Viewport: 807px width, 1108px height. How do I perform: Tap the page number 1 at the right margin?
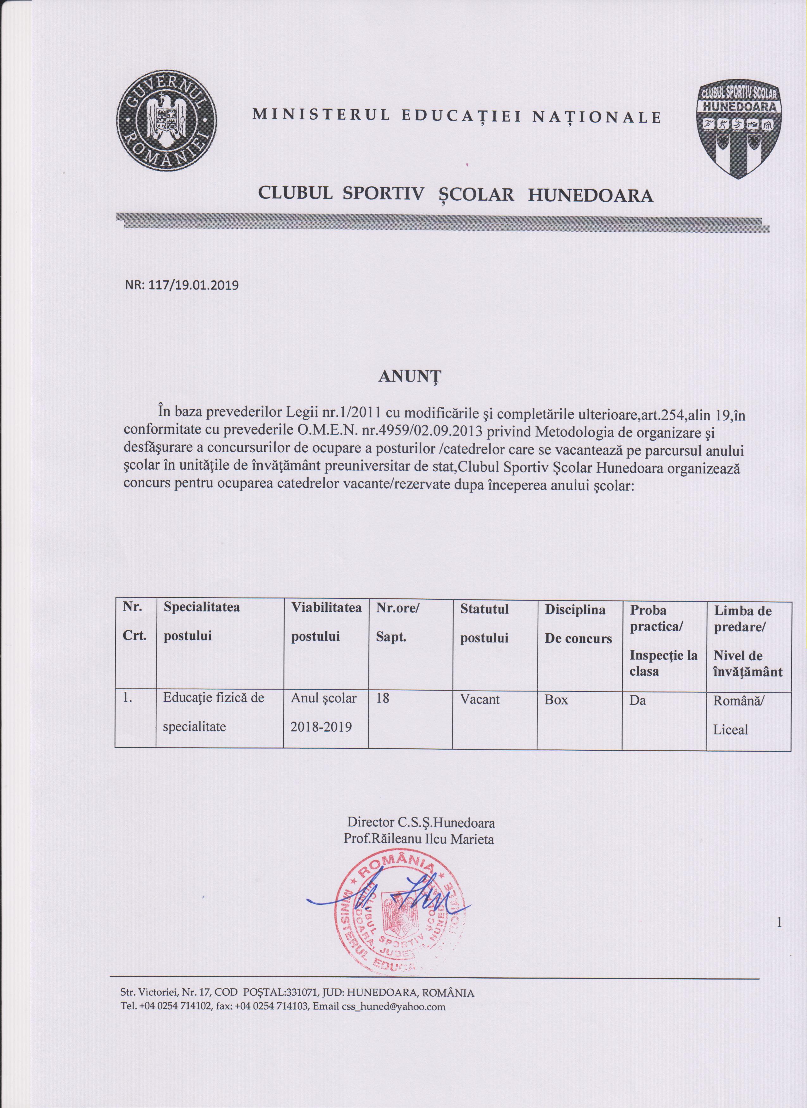779,922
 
